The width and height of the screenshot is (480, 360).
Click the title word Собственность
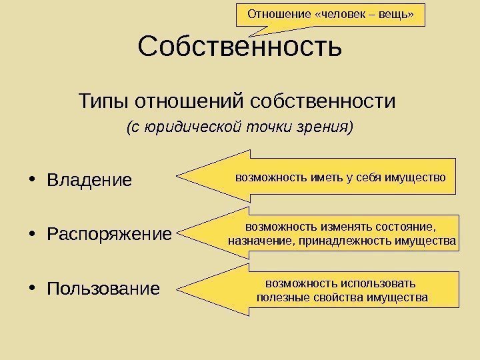coord(239,47)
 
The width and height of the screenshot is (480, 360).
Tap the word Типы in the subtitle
coord(104,102)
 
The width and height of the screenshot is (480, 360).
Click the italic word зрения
coord(327,126)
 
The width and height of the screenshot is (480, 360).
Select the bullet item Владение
coord(89,181)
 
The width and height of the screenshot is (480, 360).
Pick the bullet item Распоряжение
coord(109,235)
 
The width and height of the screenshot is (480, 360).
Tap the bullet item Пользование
coord(103,289)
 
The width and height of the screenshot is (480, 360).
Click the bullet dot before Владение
coord(34,181)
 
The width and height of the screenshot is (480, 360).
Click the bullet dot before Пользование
coord(34,289)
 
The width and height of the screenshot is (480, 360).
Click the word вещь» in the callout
coord(402,13)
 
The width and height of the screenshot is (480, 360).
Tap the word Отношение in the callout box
coord(274,13)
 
